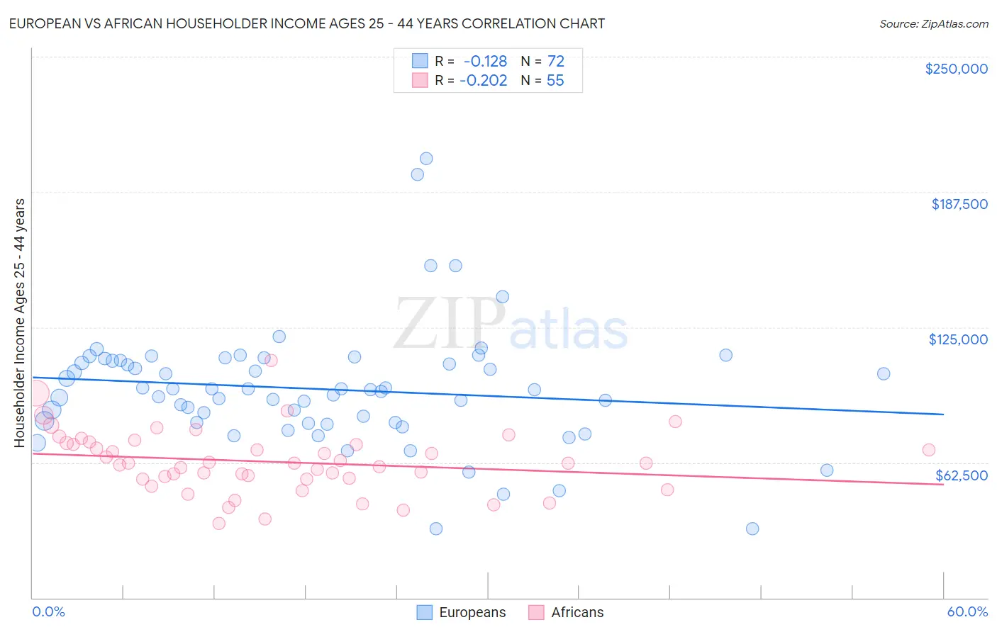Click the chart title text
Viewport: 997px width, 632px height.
[x=306, y=23]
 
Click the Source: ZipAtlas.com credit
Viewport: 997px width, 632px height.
[x=933, y=23]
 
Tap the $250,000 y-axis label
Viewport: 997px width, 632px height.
[x=956, y=69]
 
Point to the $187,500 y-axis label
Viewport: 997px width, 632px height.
[x=959, y=204]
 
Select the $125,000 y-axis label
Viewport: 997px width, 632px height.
[x=957, y=339]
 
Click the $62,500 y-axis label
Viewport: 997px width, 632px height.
[x=961, y=475]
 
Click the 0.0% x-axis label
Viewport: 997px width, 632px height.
[x=48, y=611]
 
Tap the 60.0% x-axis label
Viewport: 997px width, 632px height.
[x=967, y=611]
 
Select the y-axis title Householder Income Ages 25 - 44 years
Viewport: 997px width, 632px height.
[x=19, y=323]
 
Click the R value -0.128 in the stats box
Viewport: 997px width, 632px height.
[x=485, y=62]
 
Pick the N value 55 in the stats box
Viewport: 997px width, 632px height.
[x=555, y=81]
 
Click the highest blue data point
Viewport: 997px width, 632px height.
[x=426, y=159]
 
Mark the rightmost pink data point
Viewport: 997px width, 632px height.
[x=928, y=450]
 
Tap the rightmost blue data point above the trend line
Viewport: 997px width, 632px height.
[x=884, y=373]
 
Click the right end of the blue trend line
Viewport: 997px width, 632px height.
[x=943, y=414]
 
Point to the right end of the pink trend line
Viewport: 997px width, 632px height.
[x=943, y=484]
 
